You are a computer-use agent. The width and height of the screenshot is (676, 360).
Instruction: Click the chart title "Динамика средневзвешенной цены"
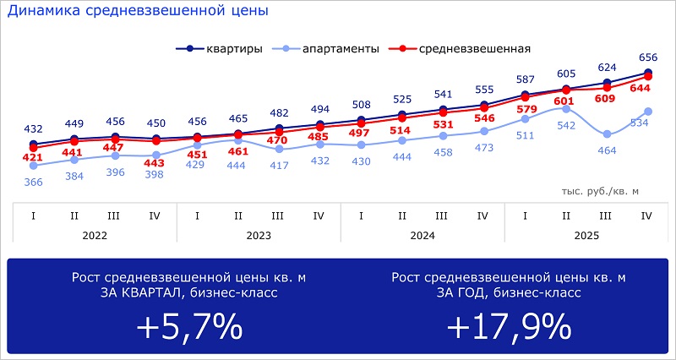[138, 12]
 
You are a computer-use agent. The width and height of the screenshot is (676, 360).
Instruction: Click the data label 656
[647, 57]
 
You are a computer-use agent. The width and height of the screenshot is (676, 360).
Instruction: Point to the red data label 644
[646, 89]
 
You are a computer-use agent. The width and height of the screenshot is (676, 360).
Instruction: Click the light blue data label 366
[32, 182]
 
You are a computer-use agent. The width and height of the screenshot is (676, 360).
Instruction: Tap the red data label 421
[32, 158]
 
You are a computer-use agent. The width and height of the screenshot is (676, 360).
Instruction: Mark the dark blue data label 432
[32, 128]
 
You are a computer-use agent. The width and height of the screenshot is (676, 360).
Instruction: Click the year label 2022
[95, 237]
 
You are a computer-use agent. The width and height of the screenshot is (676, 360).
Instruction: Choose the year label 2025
[585, 237]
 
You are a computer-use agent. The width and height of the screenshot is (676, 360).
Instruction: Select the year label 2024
[422, 237]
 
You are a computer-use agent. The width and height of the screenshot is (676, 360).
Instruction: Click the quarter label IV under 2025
[646, 215]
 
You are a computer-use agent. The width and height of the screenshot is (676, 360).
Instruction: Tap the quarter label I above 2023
[197, 215]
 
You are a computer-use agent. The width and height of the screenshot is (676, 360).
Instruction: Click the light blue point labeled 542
[565, 108]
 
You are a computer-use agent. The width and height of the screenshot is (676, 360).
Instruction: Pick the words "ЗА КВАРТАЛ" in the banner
[118, 293]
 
